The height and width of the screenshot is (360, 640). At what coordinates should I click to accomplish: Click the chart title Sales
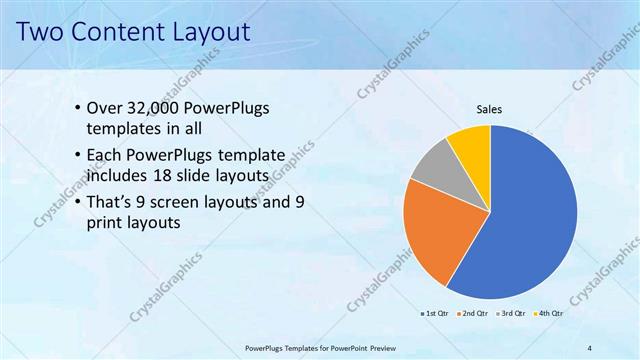[x=488, y=110]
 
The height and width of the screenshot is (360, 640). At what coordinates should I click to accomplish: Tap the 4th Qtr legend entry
[x=548, y=314]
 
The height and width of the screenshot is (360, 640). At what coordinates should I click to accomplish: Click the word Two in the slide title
[x=45, y=32]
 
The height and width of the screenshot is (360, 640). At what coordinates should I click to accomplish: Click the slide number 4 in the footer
[x=590, y=347]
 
